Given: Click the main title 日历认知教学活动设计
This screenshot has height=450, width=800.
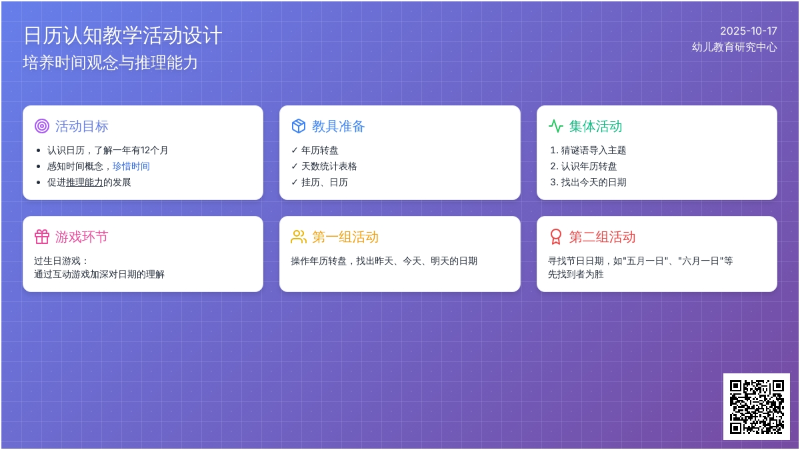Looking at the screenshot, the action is pyautogui.click(x=123, y=35).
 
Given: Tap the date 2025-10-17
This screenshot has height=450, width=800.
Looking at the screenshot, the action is pyautogui.click(x=748, y=31).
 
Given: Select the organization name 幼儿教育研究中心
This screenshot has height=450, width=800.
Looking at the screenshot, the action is pyautogui.click(x=734, y=47).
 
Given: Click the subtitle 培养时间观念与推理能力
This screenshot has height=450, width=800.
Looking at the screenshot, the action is pyautogui.click(x=110, y=63).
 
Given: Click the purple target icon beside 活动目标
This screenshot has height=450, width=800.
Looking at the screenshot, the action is pyautogui.click(x=42, y=126).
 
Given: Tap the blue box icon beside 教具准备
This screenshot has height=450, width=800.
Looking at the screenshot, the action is pyautogui.click(x=299, y=126).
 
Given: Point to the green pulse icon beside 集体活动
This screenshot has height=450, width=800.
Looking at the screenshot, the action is pyautogui.click(x=556, y=126).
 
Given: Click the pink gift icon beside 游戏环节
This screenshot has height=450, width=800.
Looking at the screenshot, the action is pyautogui.click(x=42, y=237).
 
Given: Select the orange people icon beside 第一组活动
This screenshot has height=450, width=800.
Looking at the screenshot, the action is pyautogui.click(x=299, y=237).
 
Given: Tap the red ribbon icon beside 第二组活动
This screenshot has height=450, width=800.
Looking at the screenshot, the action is pyautogui.click(x=556, y=237).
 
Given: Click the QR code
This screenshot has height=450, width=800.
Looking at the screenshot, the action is pyautogui.click(x=757, y=407).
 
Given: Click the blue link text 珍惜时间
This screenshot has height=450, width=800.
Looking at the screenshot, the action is pyautogui.click(x=131, y=167).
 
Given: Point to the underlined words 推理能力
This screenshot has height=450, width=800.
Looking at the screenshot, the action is pyautogui.click(x=85, y=183).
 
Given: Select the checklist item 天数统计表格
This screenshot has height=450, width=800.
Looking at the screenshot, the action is pyautogui.click(x=329, y=167).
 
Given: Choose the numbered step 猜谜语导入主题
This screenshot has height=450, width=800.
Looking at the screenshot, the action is pyautogui.click(x=593, y=151).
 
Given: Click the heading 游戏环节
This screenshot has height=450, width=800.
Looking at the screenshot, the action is pyautogui.click(x=81, y=237).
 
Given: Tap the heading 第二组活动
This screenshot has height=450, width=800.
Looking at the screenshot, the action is pyautogui.click(x=602, y=237).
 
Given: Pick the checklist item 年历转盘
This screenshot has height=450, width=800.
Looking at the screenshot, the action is pyautogui.click(x=319, y=151).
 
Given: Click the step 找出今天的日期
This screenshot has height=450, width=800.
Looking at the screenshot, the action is pyautogui.click(x=593, y=183).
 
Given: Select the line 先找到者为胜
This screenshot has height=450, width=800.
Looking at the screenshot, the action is pyautogui.click(x=576, y=274).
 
